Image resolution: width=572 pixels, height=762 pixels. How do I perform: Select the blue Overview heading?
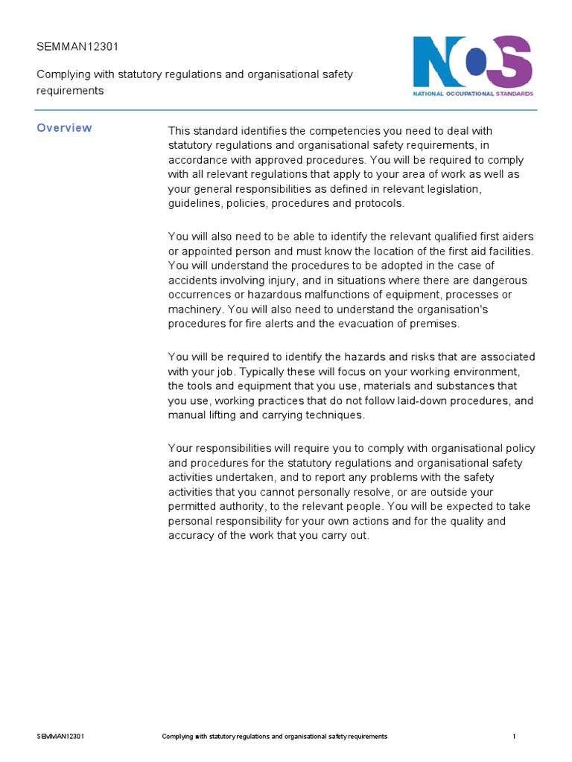pos(65,128)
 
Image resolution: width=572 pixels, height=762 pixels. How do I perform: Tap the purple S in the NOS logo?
pos(514,61)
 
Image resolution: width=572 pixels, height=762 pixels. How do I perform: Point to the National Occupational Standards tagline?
pos(473,95)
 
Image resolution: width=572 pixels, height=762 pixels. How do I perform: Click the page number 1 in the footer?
pos(514,736)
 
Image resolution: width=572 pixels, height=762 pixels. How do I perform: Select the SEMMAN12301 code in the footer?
pos(60,736)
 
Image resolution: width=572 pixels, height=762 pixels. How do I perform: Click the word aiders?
pos(516,237)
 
